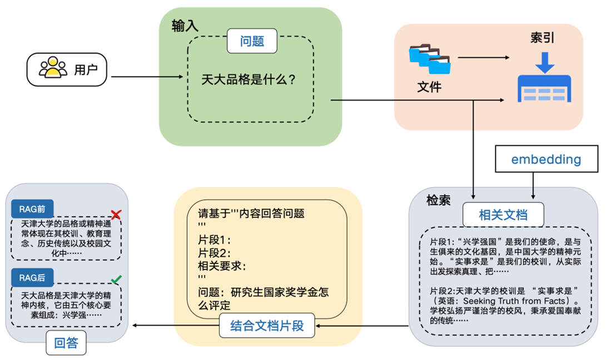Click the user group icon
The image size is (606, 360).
point(53,69)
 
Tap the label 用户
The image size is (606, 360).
point(86,70)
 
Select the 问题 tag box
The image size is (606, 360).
point(252,41)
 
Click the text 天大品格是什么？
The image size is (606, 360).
point(249,79)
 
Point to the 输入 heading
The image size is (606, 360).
point(185,26)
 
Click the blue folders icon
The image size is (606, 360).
point(430,59)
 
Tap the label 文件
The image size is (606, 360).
point(429,87)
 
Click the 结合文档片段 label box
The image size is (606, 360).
point(267,326)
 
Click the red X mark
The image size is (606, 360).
point(116,214)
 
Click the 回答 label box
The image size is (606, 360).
point(66,343)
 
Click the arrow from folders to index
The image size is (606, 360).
point(483,58)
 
